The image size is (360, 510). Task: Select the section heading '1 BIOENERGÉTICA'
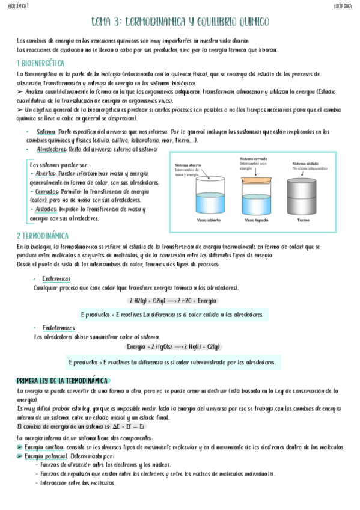coord(41,63)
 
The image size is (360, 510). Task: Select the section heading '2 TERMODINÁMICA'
coord(42,236)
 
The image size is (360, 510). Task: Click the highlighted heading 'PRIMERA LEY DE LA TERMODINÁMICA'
coord(62,381)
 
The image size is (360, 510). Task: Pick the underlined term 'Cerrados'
coord(46,191)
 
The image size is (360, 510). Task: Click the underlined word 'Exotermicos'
coord(56,279)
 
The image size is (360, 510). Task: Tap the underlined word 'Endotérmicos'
coord(58,328)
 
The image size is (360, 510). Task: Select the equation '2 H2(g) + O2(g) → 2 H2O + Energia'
coord(173,300)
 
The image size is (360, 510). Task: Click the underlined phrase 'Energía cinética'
coord(42,447)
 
